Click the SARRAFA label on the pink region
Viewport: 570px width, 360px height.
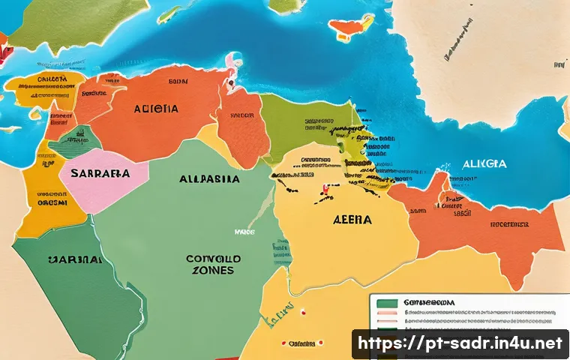(99, 172)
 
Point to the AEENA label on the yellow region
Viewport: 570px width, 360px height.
(352, 220)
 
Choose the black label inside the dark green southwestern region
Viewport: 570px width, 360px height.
(74, 259)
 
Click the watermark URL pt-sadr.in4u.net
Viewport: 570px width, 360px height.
(460, 343)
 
